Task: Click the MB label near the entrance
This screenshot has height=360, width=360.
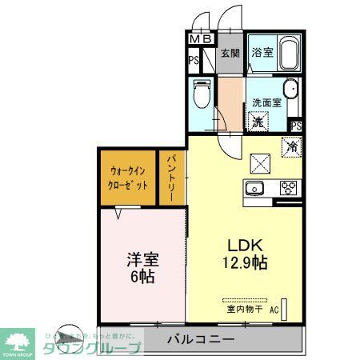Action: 199,38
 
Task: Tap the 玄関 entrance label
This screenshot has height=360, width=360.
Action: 230,54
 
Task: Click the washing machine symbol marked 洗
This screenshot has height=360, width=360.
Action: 258,122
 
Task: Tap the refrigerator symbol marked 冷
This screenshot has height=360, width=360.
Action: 291,146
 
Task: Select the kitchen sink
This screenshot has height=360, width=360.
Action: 255,189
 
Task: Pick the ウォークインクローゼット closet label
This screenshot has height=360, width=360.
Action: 128,177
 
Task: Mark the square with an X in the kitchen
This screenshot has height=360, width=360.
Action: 262,163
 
